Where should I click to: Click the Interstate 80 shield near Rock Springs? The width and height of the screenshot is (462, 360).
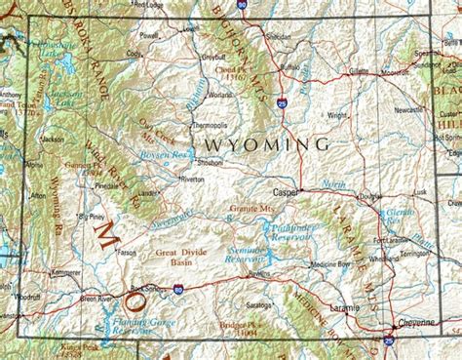pyautogui.click(x=177, y=289)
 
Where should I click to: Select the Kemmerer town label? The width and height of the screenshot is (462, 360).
pyautogui.click(x=67, y=271)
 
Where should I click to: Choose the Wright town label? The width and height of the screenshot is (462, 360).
pyautogui.click(x=337, y=115)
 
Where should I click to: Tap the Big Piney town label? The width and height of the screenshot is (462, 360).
pyautogui.click(x=91, y=217)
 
